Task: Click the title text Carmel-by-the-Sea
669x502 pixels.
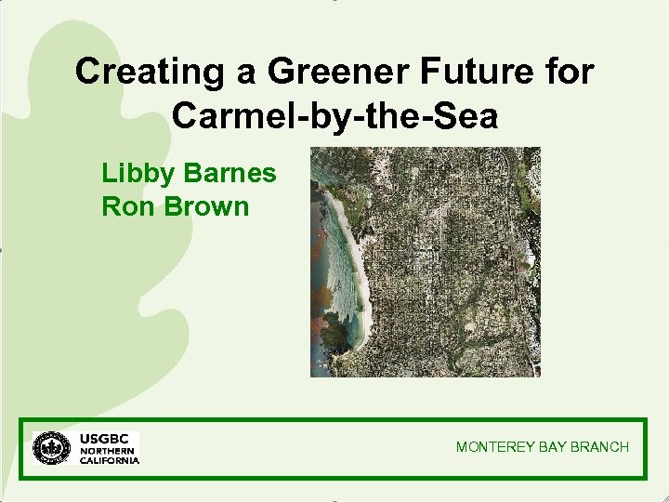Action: tap(334, 116)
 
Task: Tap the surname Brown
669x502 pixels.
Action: tap(206, 205)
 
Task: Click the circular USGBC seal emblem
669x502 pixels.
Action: tap(51, 448)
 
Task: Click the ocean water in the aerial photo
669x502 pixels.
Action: tap(321, 270)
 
